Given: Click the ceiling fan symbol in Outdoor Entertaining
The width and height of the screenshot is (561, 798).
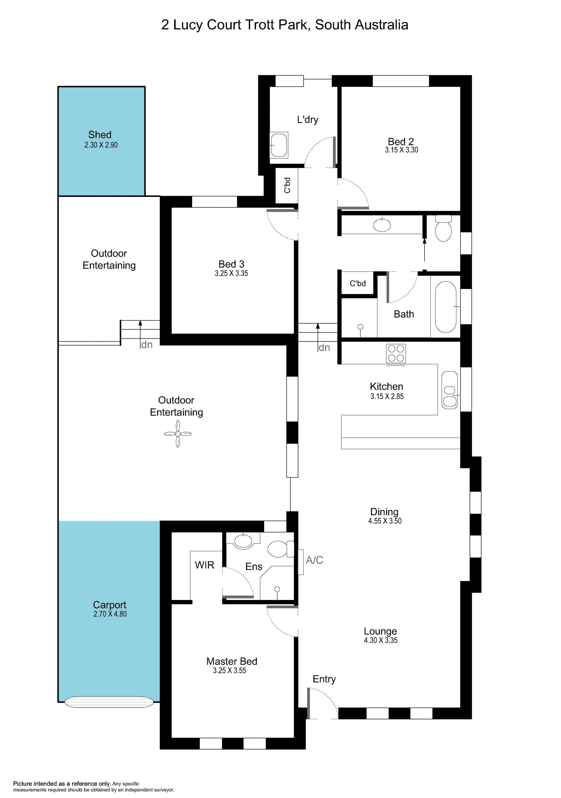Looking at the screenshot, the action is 178,434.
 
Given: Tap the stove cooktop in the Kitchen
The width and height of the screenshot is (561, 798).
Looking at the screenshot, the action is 396,354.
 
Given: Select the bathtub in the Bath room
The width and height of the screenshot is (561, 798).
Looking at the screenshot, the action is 446,307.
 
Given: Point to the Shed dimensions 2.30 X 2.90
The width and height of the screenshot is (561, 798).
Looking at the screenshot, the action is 101,145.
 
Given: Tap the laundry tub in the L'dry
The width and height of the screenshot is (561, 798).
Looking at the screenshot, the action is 279,145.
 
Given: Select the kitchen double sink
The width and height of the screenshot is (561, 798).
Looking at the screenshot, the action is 450,390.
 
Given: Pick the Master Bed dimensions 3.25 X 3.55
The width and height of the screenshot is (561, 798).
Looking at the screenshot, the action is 230,670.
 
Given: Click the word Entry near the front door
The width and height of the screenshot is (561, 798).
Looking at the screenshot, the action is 324,679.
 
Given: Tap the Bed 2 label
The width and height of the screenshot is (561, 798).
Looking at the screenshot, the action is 401,141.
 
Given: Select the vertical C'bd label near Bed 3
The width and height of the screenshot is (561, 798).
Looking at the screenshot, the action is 287,185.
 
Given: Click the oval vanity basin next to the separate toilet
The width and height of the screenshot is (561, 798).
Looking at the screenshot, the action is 382,225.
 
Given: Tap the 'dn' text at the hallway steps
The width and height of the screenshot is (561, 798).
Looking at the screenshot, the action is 324,348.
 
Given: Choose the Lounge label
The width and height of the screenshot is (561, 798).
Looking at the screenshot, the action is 381,631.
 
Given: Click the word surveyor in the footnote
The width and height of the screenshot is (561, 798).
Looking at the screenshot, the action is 164,790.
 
